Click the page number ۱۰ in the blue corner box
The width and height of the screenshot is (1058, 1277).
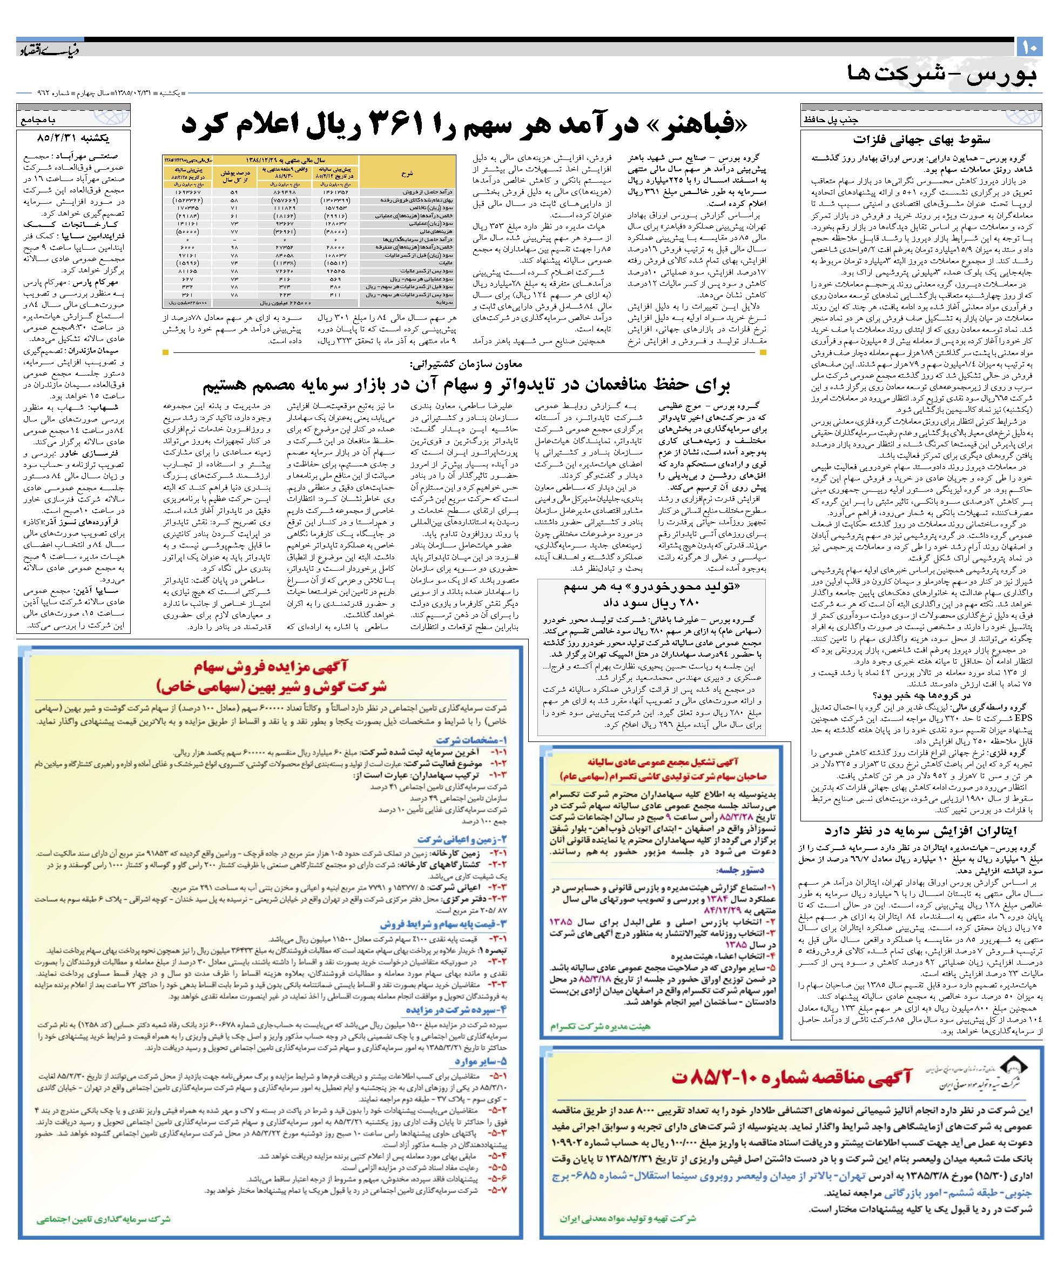pos(1030,46)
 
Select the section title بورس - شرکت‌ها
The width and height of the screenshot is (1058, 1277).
pos(941,74)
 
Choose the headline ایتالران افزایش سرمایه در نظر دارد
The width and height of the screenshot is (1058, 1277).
pos(920,830)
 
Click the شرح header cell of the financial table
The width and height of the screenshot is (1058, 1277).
pos(407,173)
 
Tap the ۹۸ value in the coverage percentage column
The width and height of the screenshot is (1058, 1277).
pos(234,248)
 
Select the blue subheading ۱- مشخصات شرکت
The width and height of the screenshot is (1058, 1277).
pos(471,740)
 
